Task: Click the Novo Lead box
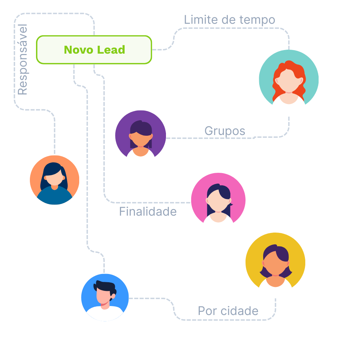pyautogui.click(x=94, y=50)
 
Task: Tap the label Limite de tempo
pyautogui.click(x=229, y=20)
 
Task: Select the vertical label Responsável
pyautogui.click(x=23, y=60)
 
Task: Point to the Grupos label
pyautogui.click(x=225, y=131)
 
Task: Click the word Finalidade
pyautogui.click(x=148, y=212)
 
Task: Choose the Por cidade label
pyautogui.click(x=228, y=311)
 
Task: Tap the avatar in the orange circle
pyautogui.click(x=54, y=180)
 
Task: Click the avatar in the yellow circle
pyautogui.click(x=275, y=265)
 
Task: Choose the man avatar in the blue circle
pyautogui.click(x=105, y=297)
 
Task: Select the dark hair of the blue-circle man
pyautogui.click(x=105, y=285)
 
